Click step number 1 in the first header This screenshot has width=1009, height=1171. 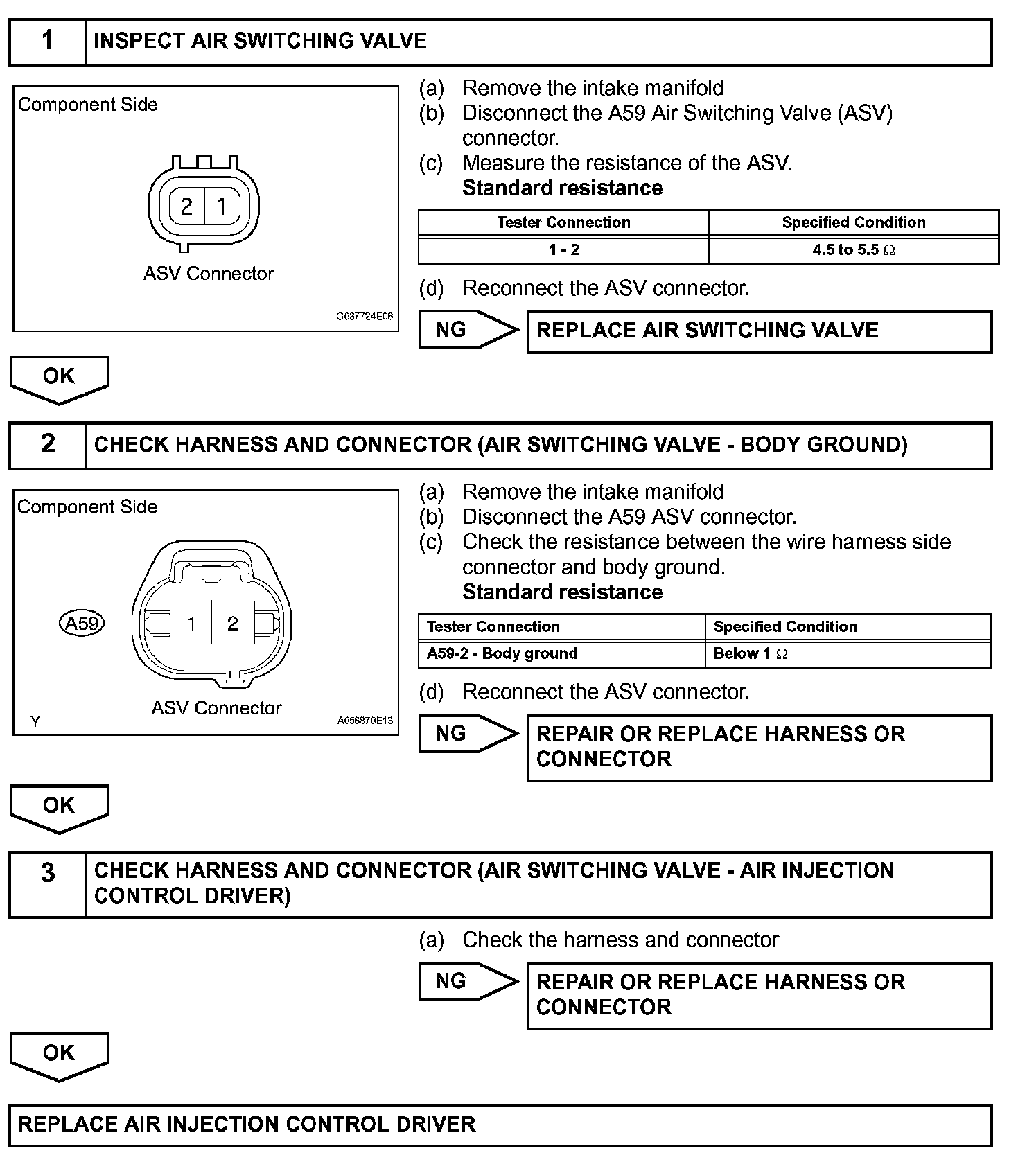tap(47, 41)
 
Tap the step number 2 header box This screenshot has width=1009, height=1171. tap(47, 444)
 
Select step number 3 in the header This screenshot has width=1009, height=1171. tap(47, 873)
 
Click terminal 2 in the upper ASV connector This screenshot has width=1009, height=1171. tap(186, 206)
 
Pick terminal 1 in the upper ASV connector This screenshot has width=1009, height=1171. tap(222, 206)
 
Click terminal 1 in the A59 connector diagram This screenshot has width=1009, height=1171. tap(191, 624)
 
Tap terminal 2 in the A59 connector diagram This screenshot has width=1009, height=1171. tap(233, 624)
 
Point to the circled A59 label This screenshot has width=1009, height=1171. tap(82, 623)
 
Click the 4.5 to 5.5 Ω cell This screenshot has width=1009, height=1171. tap(853, 250)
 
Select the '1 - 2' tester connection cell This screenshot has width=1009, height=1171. tap(563, 250)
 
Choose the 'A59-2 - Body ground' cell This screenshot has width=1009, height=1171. tap(502, 653)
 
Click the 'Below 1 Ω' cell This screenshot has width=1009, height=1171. tap(751, 653)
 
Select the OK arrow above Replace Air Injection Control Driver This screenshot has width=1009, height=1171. tap(59, 1055)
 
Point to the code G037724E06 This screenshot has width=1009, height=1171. tap(365, 317)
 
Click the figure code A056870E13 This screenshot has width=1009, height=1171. tap(365, 721)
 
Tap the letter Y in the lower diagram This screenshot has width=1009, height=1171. tap(35, 722)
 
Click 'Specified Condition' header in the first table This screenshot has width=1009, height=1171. tap(853, 222)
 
